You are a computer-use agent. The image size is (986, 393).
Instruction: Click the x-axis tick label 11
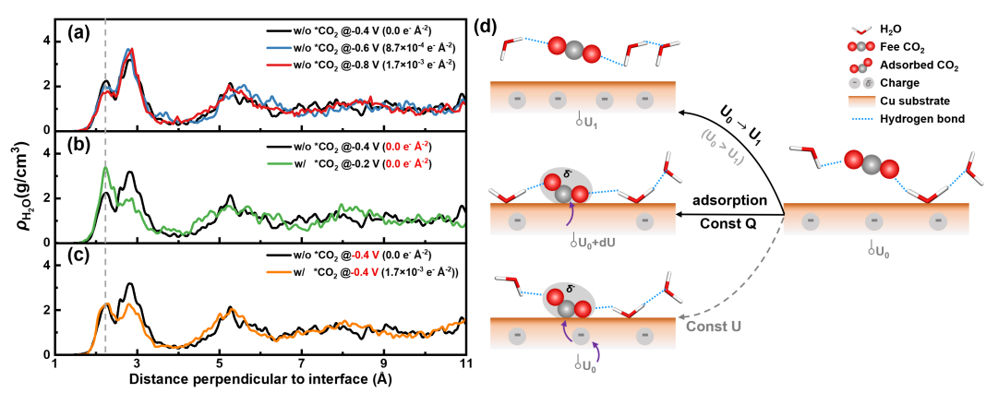466,366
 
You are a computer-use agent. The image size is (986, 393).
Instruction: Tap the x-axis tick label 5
219,366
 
